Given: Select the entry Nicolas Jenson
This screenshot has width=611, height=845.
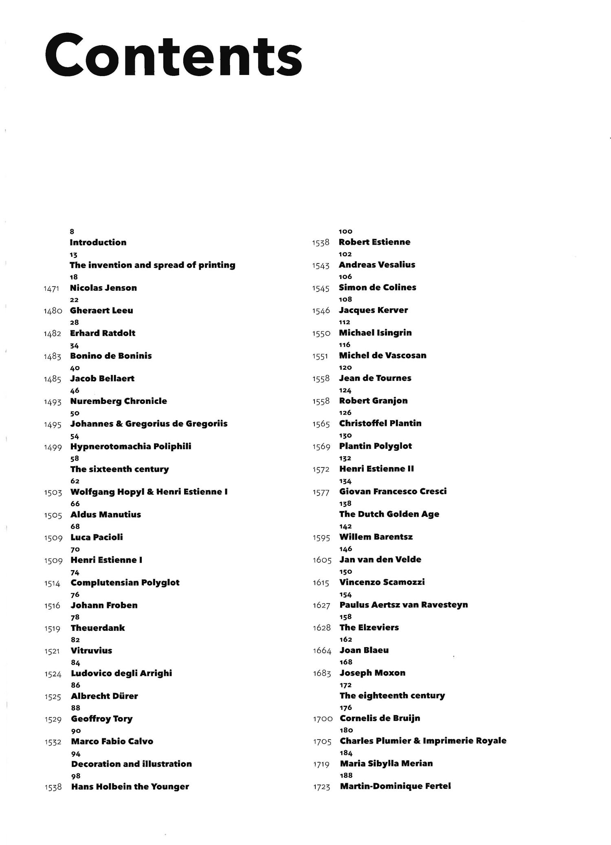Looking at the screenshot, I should (103, 288).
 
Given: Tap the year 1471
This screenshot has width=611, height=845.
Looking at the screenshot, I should (51, 289).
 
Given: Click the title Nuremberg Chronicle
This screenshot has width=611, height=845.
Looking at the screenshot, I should (119, 401).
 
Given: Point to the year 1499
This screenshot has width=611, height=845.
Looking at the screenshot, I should (53, 447).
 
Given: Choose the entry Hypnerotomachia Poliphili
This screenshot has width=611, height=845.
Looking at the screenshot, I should (131, 446).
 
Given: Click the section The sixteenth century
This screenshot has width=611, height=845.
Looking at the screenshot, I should (119, 469).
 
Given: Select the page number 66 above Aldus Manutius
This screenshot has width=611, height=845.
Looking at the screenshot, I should (75, 504).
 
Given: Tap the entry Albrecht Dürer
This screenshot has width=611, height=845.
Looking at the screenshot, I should (104, 696).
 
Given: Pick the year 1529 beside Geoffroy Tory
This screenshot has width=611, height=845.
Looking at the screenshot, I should (53, 720).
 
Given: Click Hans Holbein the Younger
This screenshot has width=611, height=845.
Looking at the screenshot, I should (130, 787).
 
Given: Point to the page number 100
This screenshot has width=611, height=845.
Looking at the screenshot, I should (345, 231).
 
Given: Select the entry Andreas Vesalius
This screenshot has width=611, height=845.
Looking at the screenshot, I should (377, 265).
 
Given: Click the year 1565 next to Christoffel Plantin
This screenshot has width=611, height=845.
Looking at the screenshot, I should (321, 424).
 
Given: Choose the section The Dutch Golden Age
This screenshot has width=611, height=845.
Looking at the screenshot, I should (389, 514).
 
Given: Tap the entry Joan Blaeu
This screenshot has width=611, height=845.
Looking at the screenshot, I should (364, 650).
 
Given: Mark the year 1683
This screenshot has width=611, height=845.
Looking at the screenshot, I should (322, 674).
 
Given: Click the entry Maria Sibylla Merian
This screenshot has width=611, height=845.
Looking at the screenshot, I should (386, 764).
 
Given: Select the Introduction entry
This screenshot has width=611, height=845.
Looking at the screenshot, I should (98, 242).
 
